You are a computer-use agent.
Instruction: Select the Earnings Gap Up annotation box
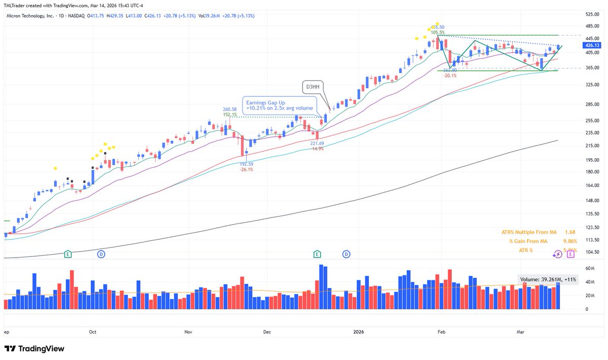(280, 104)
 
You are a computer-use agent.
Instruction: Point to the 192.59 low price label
(247, 164)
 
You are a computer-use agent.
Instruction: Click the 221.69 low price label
(317, 143)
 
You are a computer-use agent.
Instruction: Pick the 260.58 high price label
(230, 109)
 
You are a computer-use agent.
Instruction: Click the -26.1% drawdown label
(247, 170)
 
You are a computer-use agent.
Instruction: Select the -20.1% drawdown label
(450, 76)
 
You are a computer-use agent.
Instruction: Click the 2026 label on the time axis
(358, 332)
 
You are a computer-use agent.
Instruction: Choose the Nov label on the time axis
(188, 332)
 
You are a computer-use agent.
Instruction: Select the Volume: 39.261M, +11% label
(547, 279)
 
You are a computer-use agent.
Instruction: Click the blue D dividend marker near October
(102, 253)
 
